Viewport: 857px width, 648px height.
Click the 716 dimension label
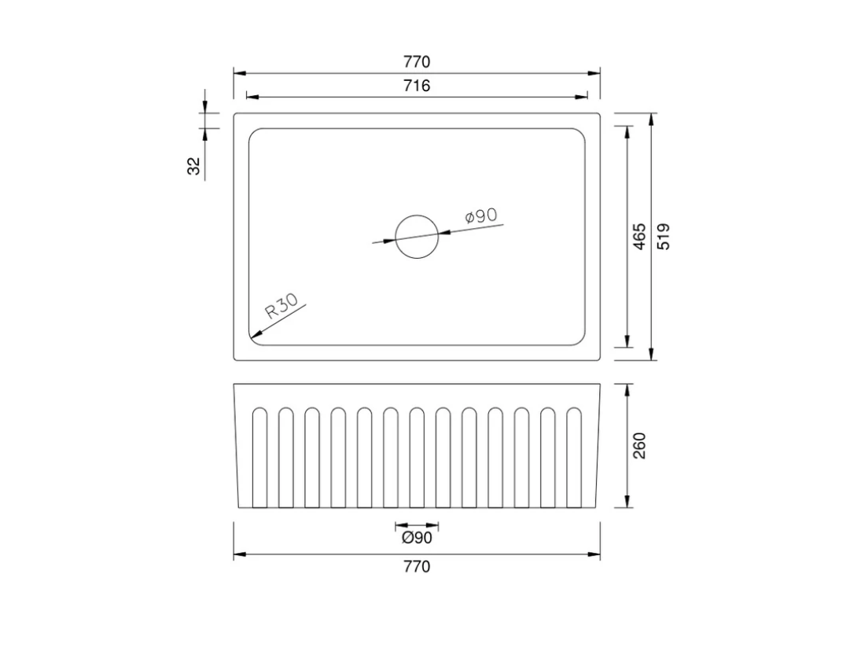[x=417, y=86]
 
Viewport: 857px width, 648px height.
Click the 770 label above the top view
[x=417, y=62]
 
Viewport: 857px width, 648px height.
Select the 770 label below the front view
[x=417, y=566]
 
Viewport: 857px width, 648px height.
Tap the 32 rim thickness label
[x=194, y=166]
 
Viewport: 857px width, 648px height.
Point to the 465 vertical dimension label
[x=639, y=236]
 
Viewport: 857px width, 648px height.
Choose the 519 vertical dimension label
[x=663, y=236]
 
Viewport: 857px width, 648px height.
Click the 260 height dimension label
[x=639, y=446]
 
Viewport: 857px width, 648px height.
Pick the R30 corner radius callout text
[x=281, y=306]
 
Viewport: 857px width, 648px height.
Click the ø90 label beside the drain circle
[x=481, y=216]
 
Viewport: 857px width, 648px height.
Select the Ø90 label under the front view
[x=417, y=538]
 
